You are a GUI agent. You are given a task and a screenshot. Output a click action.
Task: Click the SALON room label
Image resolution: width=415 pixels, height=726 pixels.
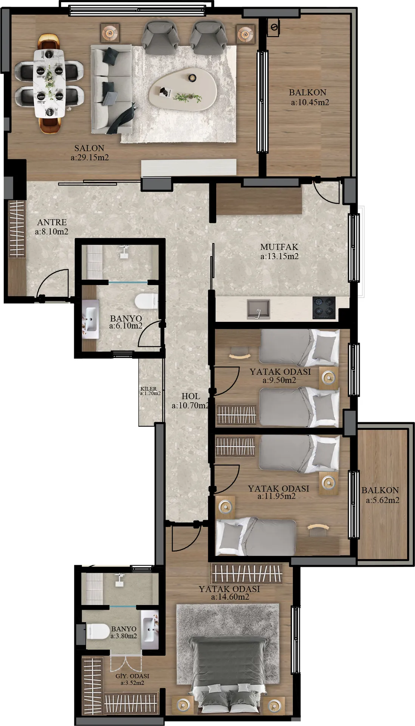pos(89,148)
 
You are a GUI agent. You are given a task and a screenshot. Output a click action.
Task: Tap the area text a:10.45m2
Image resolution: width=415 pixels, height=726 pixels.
pos(310,102)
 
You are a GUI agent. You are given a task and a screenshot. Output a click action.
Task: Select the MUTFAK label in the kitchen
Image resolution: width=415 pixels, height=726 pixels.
pos(279,247)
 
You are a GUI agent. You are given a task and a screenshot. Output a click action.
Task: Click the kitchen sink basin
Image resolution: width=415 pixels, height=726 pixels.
pos(259,309)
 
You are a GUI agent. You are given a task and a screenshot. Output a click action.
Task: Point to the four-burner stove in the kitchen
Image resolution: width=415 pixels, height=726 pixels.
pos(324,307)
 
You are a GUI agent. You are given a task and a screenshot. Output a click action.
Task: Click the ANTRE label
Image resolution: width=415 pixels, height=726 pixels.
pos(52,222)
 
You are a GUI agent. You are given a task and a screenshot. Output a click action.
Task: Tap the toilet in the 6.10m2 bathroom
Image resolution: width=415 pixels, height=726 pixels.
pos(146,301)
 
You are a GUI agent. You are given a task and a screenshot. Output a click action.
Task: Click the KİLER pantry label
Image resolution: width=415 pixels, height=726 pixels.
pos(148,389)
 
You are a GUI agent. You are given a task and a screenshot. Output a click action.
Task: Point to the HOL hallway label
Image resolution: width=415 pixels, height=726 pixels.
pos(191,396)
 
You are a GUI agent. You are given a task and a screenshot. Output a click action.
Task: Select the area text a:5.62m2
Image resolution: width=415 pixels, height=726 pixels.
pos(382,500)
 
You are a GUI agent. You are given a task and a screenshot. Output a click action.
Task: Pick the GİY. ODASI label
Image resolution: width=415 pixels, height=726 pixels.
pos(132,676)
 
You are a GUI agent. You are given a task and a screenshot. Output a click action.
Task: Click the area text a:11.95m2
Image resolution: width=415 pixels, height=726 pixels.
pos(276,496)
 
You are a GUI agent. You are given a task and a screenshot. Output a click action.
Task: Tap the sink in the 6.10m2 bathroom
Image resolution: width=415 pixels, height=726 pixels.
pos(91,319)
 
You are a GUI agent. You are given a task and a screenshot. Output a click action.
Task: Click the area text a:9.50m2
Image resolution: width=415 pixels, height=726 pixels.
pos(279,380)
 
